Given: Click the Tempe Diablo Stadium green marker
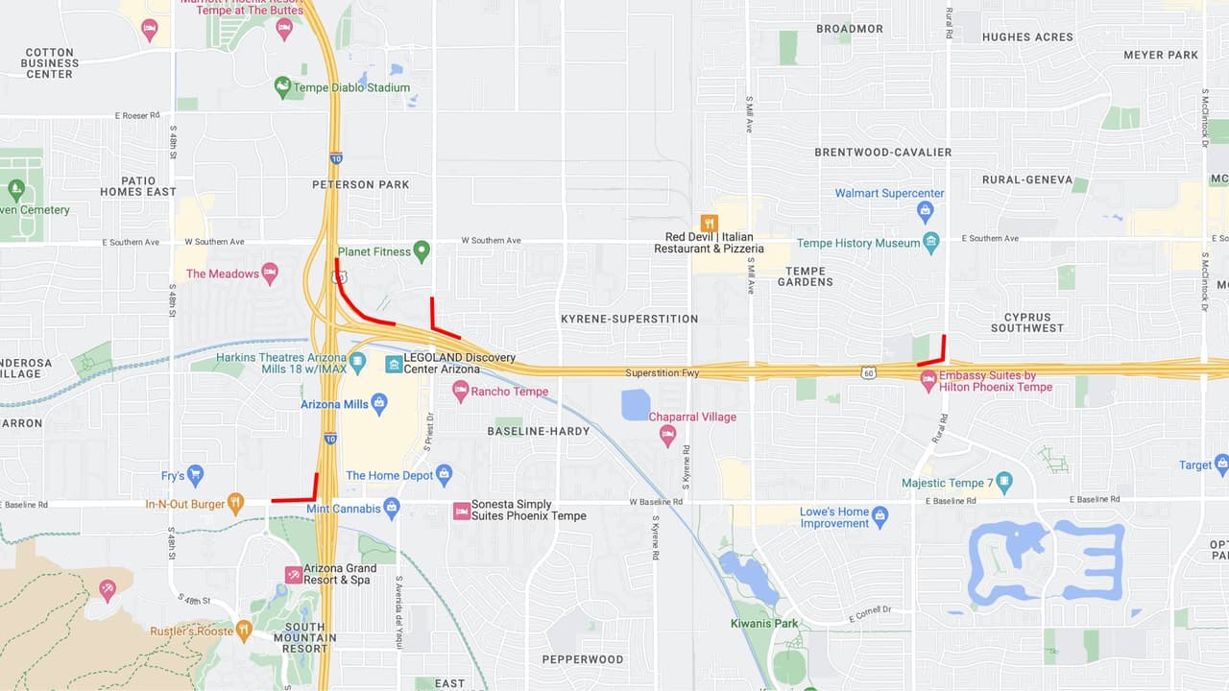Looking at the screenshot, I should [282, 87].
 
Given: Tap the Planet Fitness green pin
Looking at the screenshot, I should [421, 251].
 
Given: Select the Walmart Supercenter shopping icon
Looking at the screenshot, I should [925, 210].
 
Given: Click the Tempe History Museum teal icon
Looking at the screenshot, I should [930, 243].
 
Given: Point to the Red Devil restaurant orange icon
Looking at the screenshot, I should [709, 224].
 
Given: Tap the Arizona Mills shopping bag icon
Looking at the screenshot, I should [378, 403].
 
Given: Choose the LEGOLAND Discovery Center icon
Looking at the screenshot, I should [394, 364].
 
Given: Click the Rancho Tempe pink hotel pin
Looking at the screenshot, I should [460, 391].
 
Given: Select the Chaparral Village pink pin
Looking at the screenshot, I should [667, 435].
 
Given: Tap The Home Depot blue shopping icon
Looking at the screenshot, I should [444, 474].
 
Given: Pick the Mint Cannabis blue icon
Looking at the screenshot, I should [391, 507].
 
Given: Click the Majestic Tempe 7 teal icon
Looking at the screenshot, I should [1004, 483].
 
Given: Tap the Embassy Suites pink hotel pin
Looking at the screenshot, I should [928, 381].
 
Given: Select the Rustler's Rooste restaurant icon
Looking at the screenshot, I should [243, 631].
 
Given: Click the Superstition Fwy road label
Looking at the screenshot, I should [662, 372].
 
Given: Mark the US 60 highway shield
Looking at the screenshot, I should [868, 371].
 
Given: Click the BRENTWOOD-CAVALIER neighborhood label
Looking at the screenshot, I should [882, 152].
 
